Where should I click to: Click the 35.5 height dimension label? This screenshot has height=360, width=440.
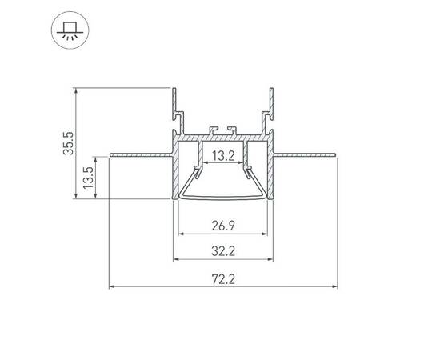click(x=70, y=142)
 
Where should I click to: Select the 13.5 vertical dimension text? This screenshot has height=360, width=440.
click(x=89, y=177)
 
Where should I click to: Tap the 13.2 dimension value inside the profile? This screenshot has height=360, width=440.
click(x=222, y=156)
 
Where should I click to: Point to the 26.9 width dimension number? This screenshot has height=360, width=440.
click(x=222, y=226)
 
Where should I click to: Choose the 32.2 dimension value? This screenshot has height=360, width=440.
click(x=222, y=250)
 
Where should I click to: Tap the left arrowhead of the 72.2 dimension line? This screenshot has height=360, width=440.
click(x=112, y=286)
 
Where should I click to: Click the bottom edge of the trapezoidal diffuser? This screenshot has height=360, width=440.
click(x=222, y=197)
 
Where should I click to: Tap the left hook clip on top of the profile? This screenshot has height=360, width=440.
click(x=212, y=129)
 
